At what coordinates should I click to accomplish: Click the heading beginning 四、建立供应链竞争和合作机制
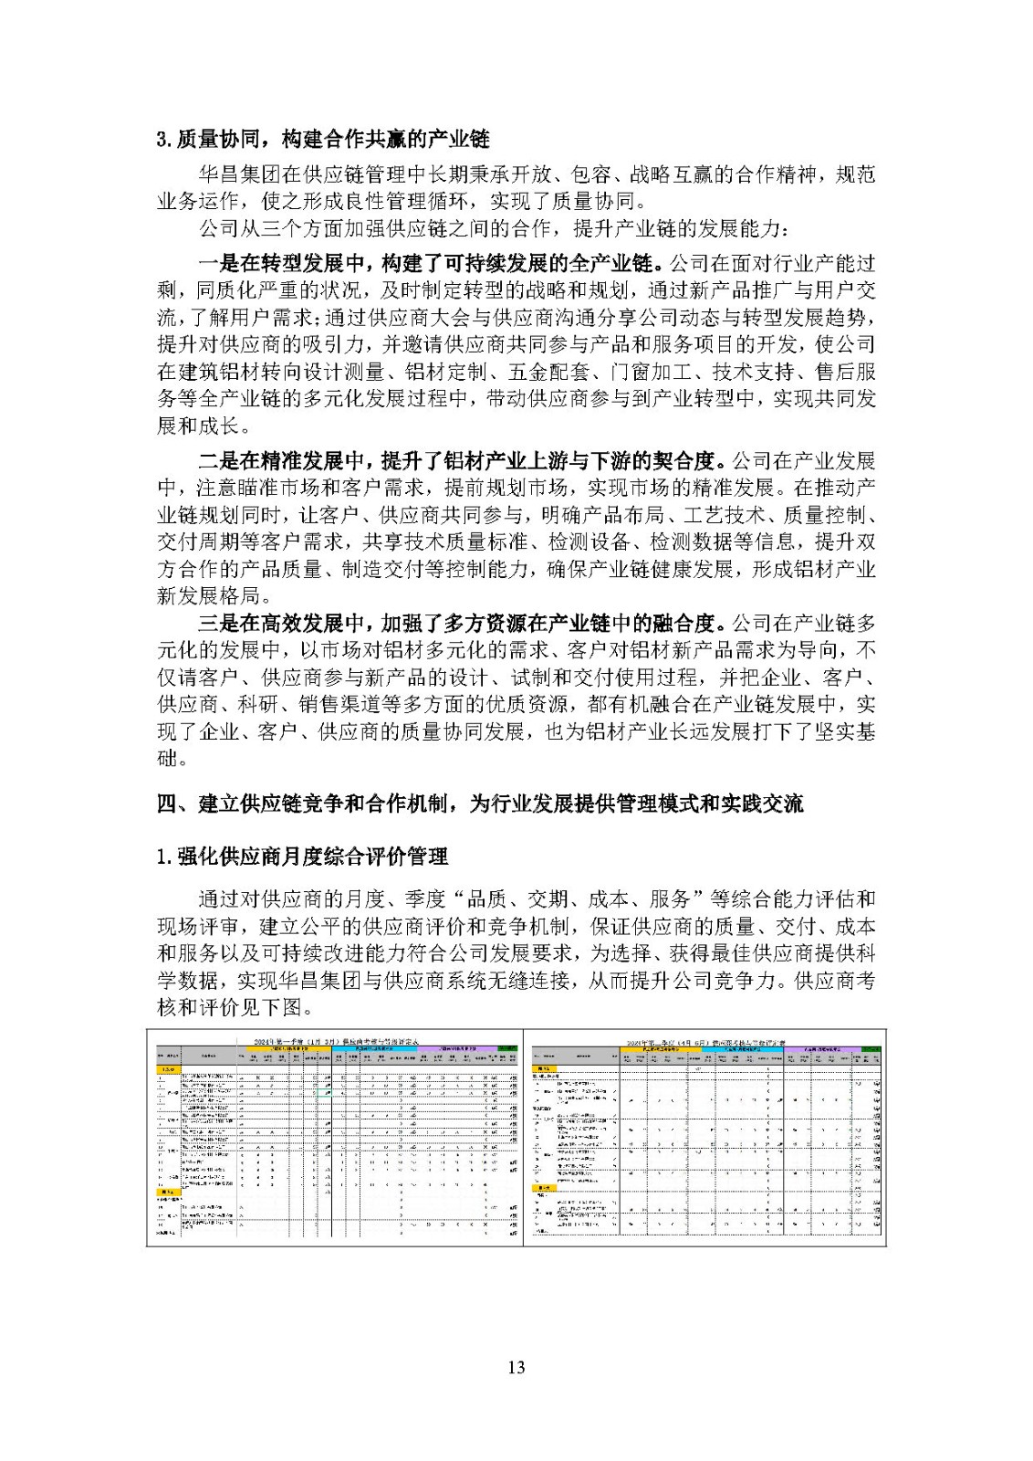[480, 804]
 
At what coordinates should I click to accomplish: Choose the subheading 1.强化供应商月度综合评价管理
[302, 857]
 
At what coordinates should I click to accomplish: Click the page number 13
[516, 1367]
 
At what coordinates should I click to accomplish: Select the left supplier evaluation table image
[335, 1138]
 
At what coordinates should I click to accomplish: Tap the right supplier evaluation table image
[705, 1138]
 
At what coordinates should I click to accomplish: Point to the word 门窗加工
[650, 372]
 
